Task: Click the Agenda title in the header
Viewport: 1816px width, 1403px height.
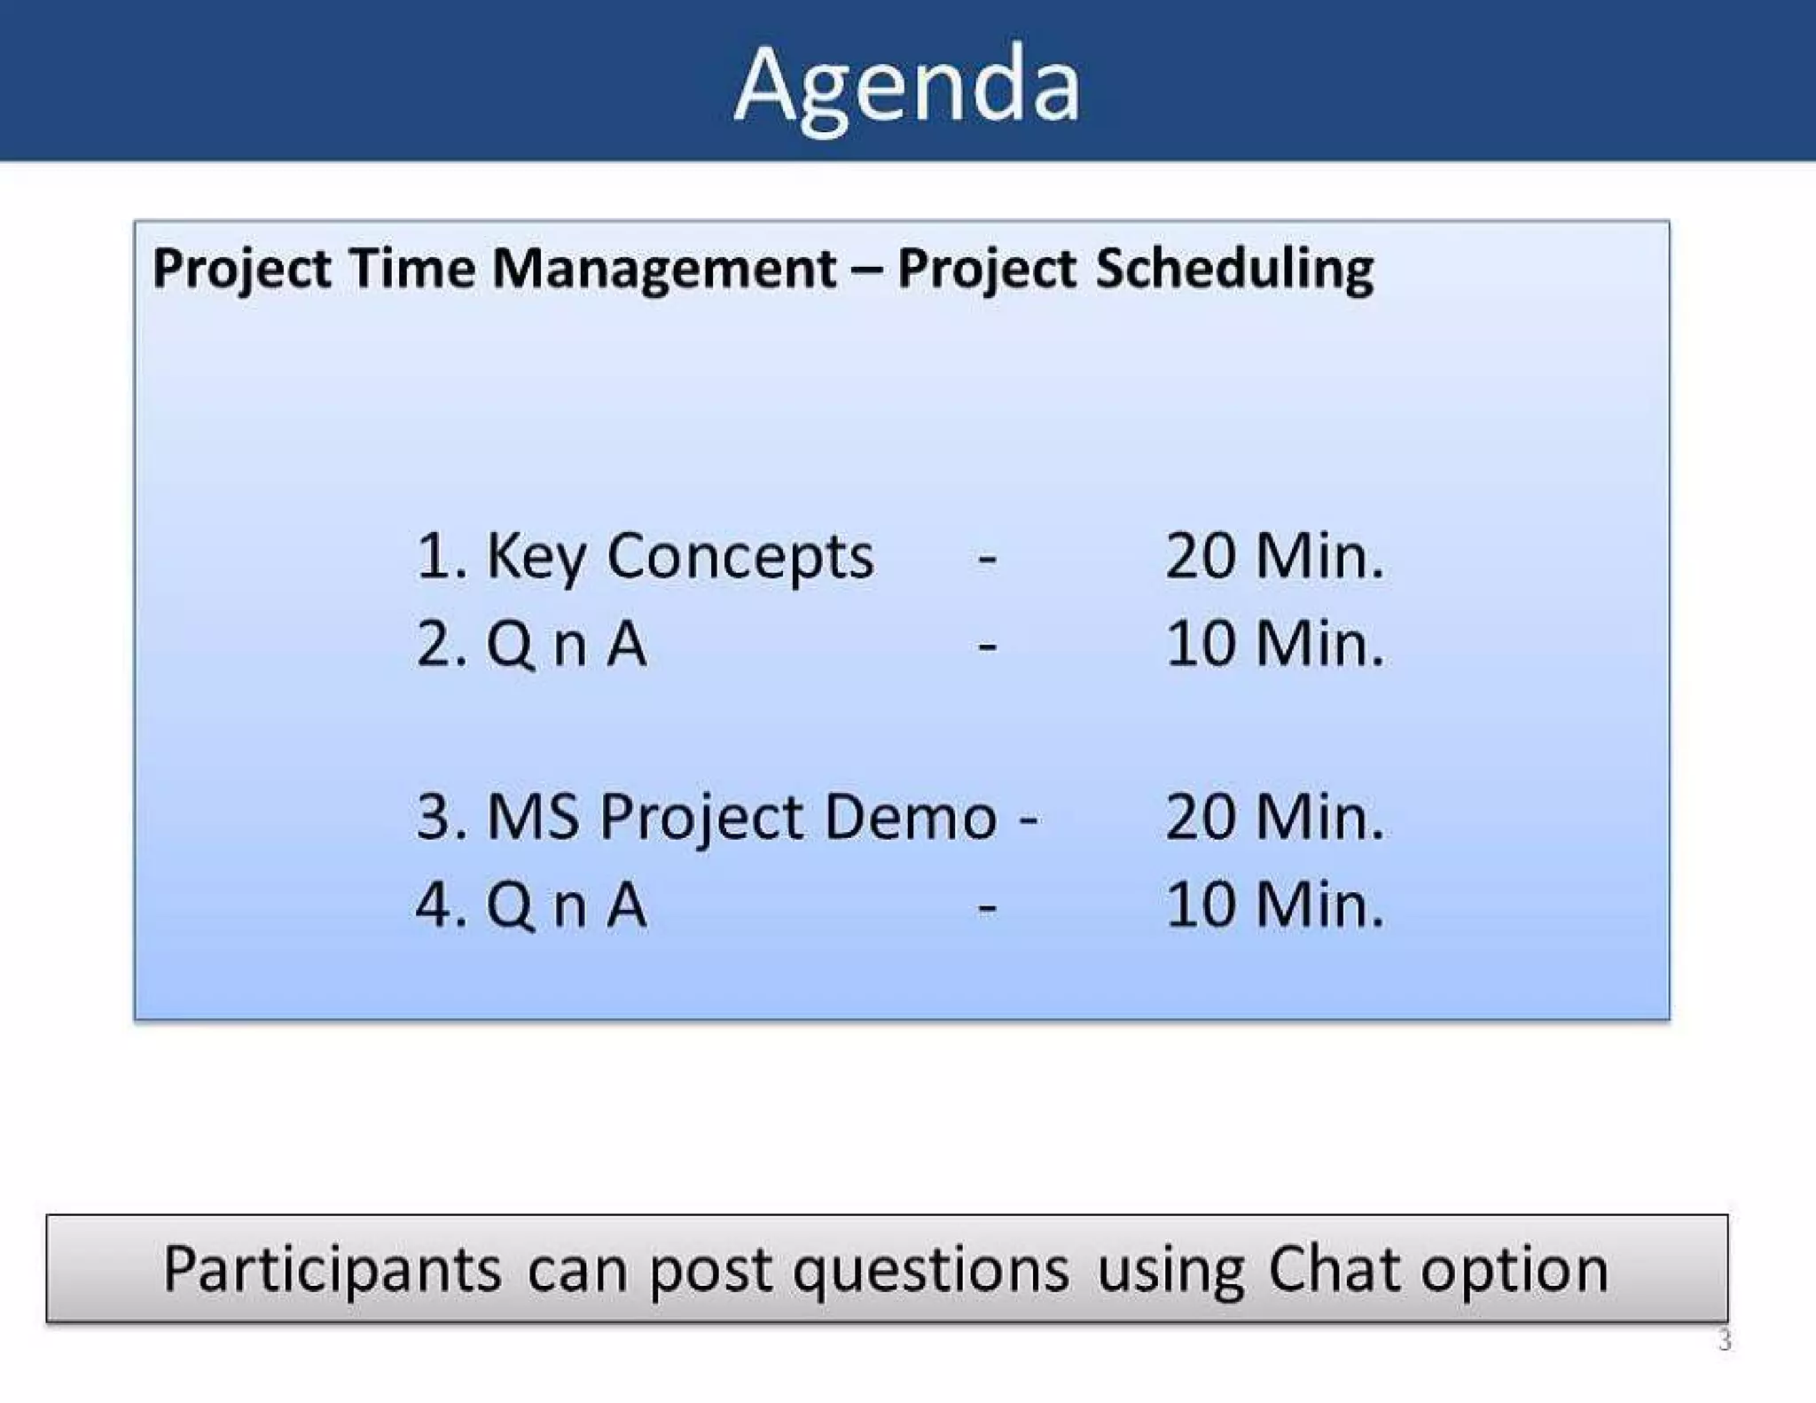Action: point(906,86)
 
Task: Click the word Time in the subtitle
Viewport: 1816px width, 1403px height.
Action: point(412,268)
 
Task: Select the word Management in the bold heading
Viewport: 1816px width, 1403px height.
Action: point(664,270)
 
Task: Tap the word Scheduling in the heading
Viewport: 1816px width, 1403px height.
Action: point(1234,270)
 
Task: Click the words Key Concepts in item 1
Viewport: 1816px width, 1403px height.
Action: point(679,558)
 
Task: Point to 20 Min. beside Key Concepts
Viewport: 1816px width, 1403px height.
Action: point(1274,557)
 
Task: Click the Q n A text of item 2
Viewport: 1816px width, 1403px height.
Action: point(566,644)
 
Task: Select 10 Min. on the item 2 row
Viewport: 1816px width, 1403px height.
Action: point(1274,644)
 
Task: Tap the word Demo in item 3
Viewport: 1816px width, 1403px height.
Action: point(911,817)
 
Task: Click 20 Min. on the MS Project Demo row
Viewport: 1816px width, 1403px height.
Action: point(1274,817)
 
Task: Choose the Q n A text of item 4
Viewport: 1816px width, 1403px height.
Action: point(566,905)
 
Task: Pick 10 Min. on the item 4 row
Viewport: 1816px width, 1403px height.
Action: point(1274,905)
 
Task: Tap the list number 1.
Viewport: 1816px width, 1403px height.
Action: point(434,557)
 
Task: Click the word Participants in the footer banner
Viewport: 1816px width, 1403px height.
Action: point(333,1270)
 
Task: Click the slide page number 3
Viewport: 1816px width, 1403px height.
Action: point(1724,1340)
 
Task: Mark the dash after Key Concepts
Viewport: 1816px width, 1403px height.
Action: point(987,560)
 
